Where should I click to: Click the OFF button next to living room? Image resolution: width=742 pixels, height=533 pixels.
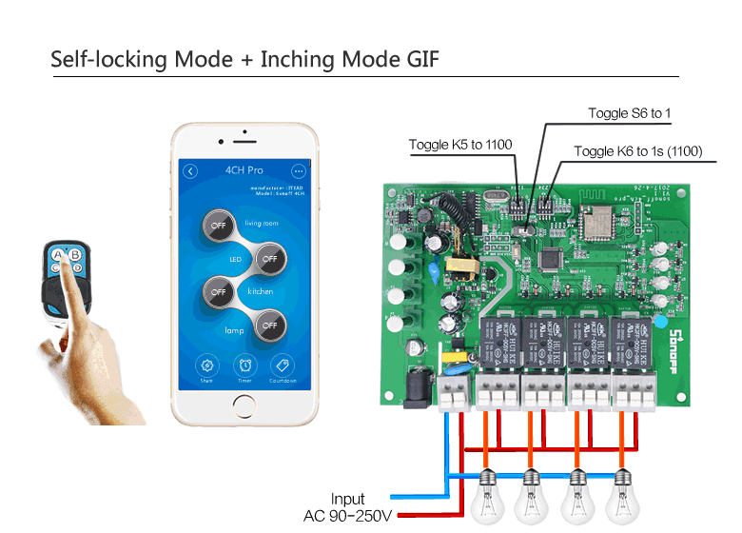[220, 227]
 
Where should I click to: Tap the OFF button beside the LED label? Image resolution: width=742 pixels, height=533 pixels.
[269, 258]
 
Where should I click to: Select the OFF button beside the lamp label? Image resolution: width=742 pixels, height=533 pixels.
[269, 325]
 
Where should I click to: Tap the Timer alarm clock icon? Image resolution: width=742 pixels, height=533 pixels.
[245, 365]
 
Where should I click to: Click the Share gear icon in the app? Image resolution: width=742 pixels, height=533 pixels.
[206, 365]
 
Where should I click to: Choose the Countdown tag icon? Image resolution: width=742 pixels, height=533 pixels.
[283, 365]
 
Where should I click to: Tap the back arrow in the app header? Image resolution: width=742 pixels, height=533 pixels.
[190, 171]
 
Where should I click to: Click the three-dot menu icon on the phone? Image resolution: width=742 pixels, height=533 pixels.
[299, 171]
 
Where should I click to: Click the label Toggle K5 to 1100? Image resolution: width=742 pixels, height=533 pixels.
[460, 145]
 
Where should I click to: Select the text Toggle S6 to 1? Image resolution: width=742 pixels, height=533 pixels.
[629, 113]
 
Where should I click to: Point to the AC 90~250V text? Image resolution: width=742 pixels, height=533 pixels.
[347, 516]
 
